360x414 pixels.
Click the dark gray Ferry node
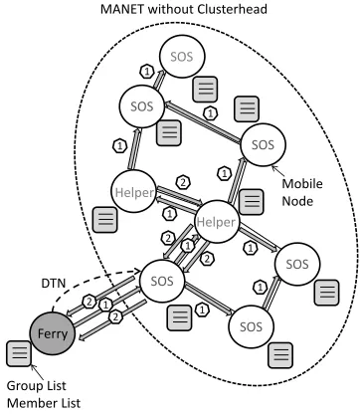[x=53, y=333]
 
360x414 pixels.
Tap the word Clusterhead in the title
[x=232, y=9]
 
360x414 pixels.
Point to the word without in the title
[x=171, y=9]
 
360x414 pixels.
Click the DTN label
[x=54, y=284]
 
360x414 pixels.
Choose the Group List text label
[x=37, y=386]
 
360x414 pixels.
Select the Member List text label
[x=44, y=403]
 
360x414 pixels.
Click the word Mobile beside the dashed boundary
[x=302, y=183]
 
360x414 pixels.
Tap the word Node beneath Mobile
[x=297, y=201]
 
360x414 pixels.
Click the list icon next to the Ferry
[x=19, y=353]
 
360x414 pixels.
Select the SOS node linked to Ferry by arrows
[x=162, y=282]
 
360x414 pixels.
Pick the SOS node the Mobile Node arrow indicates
[x=263, y=144]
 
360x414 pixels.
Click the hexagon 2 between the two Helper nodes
[x=183, y=182]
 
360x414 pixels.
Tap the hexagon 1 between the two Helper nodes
[x=169, y=213]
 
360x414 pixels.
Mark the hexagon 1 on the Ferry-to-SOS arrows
[x=105, y=305]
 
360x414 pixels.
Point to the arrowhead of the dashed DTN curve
[x=139, y=272]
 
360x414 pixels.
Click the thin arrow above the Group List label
[x=37, y=372]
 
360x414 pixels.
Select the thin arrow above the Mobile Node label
[x=277, y=171]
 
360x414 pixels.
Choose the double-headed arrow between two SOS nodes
[x=203, y=122]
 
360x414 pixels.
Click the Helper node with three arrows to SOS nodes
[x=217, y=222]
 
